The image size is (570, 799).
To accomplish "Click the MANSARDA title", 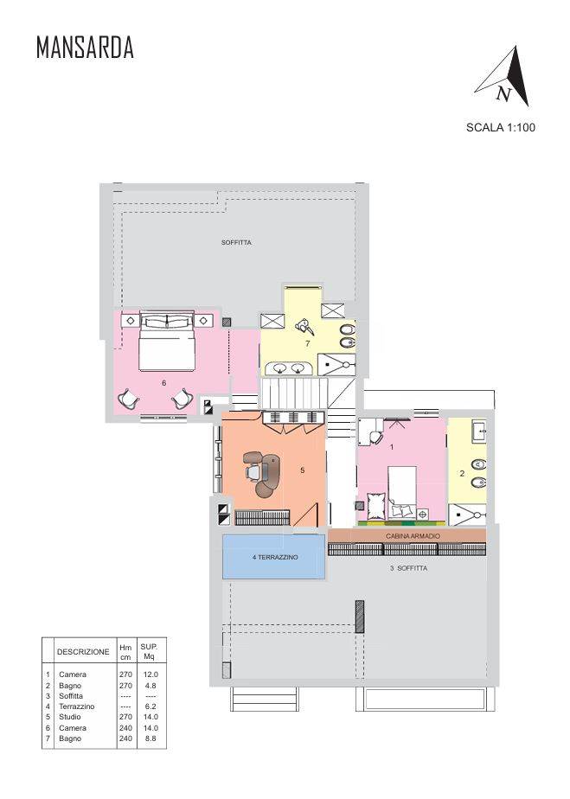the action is pyautogui.click(x=85, y=48).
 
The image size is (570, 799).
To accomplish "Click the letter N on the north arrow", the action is pyautogui.click(x=503, y=93).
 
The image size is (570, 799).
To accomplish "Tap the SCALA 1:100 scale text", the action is pyautogui.click(x=501, y=127).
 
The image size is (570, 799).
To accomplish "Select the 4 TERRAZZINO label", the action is pyautogui.click(x=275, y=557).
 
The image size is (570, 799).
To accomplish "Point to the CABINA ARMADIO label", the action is pyautogui.click(x=413, y=536).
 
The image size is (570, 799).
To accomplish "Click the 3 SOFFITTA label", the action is pyautogui.click(x=409, y=568).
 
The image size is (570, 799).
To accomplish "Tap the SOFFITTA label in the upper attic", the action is pyautogui.click(x=237, y=242).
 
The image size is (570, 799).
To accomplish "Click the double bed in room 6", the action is pyautogui.click(x=167, y=341).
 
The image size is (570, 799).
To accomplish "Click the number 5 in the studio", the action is pyautogui.click(x=303, y=470).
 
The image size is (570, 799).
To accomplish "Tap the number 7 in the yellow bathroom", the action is pyautogui.click(x=307, y=343).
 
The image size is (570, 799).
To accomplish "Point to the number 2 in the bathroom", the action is pyautogui.click(x=462, y=473).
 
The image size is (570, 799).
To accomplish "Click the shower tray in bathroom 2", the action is pyautogui.click(x=467, y=515).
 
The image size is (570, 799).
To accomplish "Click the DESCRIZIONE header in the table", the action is pyautogui.click(x=83, y=652).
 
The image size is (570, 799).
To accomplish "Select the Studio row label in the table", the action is pyautogui.click(x=70, y=717).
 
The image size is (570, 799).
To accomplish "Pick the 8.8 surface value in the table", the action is pyautogui.click(x=151, y=738).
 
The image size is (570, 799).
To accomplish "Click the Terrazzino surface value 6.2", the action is pyautogui.click(x=151, y=706).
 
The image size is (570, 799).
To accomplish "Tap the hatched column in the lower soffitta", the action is pyautogui.click(x=360, y=617).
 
